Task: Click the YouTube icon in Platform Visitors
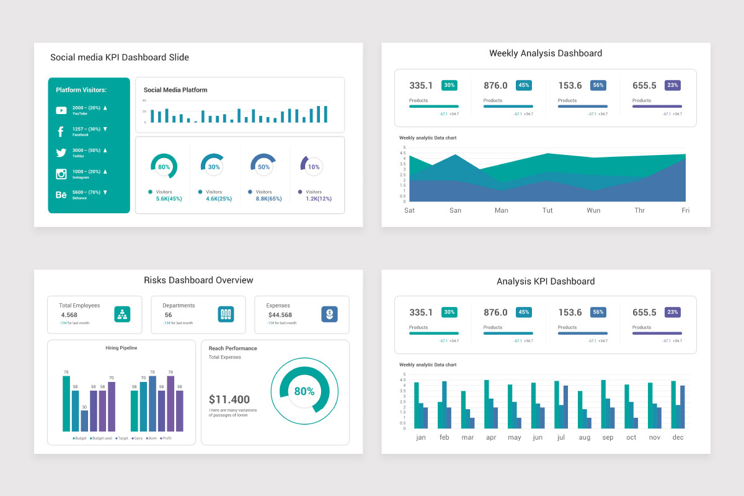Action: tap(61, 110)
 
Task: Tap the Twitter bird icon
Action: tap(61, 153)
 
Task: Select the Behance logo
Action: tap(61, 195)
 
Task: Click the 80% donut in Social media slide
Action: tap(164, 167)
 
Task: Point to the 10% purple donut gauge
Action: tap(313, 167)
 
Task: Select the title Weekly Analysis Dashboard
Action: tap(546, 53)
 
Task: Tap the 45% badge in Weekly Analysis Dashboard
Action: tap(524, 86)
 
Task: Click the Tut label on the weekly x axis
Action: tap(547, 210)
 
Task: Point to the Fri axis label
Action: tap(686, 210)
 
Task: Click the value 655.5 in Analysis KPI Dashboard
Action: tap(644, 312)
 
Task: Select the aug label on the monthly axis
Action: tap(584, 437)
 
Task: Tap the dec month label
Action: tap(678, 437)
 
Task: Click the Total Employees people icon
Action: tap(122, 314)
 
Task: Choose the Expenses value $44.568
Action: tap(280, 315)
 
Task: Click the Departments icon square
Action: tap(226, 314)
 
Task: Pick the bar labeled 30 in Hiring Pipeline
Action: tap(84, 420)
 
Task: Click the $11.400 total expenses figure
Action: tap(229, 399)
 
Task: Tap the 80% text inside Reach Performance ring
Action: tap(304, 391)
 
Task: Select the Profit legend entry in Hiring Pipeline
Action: tap(166, 438)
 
